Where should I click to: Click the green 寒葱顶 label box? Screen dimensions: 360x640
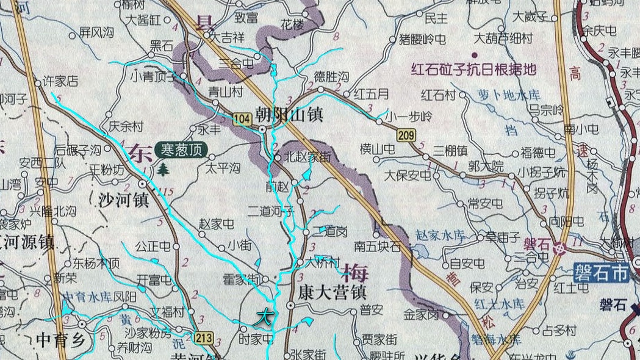click(181, 149)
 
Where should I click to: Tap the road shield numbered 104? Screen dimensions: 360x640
click(242, 119)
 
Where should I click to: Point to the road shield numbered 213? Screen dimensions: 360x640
click(205, 336)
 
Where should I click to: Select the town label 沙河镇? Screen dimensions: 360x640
click(124, 200)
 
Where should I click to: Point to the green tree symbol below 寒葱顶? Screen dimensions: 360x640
click(163, 169)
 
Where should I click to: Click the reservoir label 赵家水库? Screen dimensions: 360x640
click(440, 234)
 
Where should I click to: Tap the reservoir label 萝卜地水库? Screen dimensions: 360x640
click(500, 96)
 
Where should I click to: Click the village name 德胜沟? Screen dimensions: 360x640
click(331, 77)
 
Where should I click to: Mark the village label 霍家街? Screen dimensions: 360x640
click(242, 279)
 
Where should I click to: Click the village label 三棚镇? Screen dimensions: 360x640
click(450, 149)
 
